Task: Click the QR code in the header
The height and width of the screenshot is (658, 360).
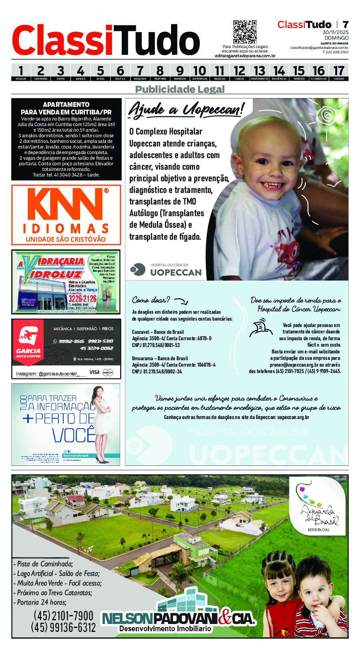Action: tap(245, 32)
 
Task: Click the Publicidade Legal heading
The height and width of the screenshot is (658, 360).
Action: tap(180, 89)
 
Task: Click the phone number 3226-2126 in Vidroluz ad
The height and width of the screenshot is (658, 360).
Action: tap(82, 299)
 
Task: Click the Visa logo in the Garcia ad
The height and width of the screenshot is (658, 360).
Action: tap(95, 372)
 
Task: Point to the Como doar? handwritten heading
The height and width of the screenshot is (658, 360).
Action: tap(151, 300)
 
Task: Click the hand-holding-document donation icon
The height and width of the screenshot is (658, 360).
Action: tap(260, 327)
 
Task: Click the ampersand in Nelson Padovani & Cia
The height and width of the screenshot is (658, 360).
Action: tap(225, 618)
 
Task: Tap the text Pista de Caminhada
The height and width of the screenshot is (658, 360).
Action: tap(45, 564)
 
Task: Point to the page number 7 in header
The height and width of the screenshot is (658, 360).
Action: tap(345, 24)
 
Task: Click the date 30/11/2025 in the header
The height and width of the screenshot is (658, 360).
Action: tap(335, 32)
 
